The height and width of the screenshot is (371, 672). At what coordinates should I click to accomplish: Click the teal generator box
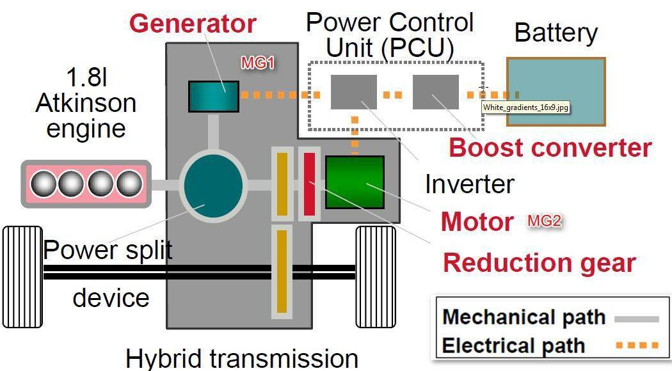click(x=213, y=96)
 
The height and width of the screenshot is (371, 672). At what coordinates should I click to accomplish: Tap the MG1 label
click(x=257, y=63)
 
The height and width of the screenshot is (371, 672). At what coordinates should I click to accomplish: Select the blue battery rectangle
click(x=556, y=91)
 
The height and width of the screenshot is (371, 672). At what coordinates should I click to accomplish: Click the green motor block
click(x=355, y=182)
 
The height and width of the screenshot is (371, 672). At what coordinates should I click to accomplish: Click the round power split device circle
click(x=213, y=185)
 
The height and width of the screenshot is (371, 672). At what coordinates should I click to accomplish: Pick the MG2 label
click(x=544, y=221)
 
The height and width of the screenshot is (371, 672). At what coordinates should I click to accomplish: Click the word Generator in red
click(x=193, y=24)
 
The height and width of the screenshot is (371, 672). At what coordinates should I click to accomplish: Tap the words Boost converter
click(x=550, y=147)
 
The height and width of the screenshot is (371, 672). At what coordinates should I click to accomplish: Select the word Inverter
click(x=469, y=184)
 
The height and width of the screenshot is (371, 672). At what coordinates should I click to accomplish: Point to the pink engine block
click(x=87, y=184)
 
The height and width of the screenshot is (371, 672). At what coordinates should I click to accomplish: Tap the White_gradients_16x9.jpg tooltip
click(x=525, y=107)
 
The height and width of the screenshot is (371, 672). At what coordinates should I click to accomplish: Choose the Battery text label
click(x=556, y=33)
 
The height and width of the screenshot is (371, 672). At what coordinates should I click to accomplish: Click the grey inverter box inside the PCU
click(x=353, y=91)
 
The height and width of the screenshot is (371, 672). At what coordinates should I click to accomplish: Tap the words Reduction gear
click(x=539, y=262)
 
